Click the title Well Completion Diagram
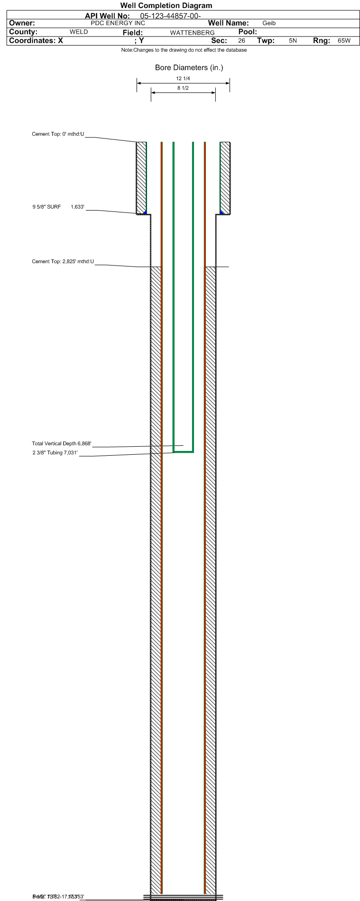(166, 6)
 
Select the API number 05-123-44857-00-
(171, 16)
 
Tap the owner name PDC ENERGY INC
(118, 23)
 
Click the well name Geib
(269, 23)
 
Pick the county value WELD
(79, 32)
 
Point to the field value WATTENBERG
(192, 33)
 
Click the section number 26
(241, 41)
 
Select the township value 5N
(293, 41)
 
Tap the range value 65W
(344, 41)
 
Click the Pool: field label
(248, 32)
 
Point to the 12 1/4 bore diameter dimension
(183, 79)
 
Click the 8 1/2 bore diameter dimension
(183, 88)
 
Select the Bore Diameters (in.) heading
(189, 68)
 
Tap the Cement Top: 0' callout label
(58, 134)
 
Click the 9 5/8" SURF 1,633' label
(58, 207)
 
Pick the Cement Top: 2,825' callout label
(63, 261)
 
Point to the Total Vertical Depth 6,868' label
(61, 444)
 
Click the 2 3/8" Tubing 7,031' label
(55, 453)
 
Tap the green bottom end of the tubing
(183, 452)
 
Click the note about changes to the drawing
(184, 50)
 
